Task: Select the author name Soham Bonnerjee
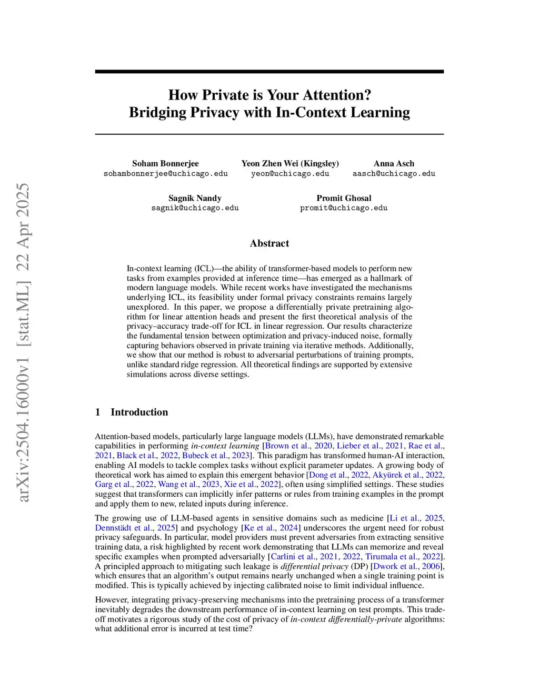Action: coord(165,163)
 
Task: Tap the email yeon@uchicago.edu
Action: coord(290,173)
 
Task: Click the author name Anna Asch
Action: coord(394,163)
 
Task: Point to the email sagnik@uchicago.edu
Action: coord(195,208)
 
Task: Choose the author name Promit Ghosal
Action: coord(344,198)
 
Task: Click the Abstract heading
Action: coord(269,243)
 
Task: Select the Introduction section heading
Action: coord(139,412)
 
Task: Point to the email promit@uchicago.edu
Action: coord(344,208)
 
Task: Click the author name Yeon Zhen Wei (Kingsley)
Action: coord(290,163)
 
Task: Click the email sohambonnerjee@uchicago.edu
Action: coord(165,173)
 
